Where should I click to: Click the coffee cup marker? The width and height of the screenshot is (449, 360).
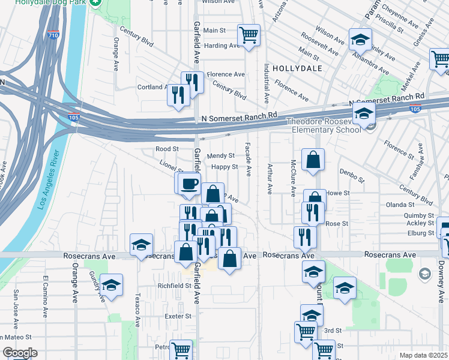(190, 183)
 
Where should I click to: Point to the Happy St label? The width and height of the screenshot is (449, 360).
(225, 167)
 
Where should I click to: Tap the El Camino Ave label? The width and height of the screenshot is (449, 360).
(45, 296)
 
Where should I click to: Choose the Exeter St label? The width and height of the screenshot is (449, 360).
(179, 316)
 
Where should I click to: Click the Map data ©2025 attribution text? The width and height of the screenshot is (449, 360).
(423, 355)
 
